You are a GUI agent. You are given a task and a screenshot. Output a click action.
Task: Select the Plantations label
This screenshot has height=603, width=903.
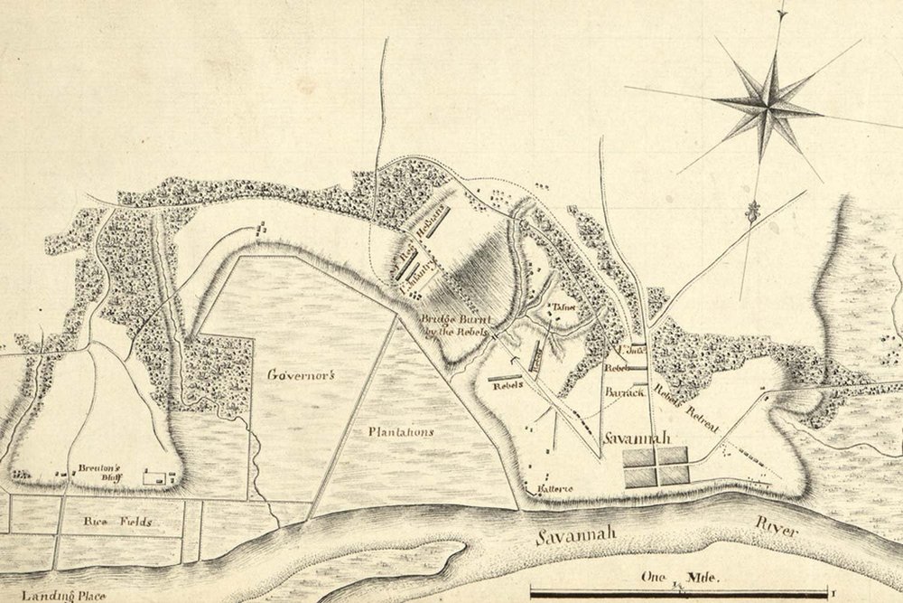point(399,432)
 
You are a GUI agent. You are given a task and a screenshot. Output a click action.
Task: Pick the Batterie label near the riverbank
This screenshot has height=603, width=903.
point(555,488)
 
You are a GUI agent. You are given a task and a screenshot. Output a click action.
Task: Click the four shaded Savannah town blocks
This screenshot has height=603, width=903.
point(656,467)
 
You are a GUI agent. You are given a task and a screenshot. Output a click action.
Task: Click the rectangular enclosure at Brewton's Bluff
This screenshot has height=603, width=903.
point(157,475)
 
